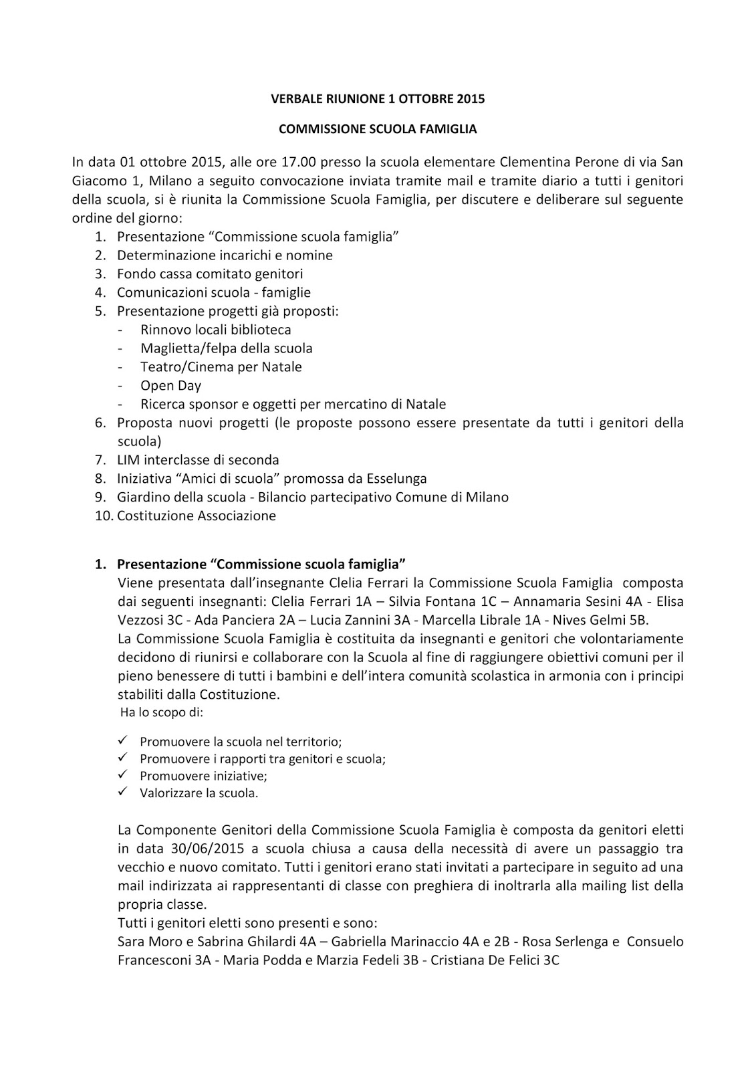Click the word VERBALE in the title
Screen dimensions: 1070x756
click(x=294, y=99)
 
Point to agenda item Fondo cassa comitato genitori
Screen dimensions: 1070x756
click(x=209, y=274)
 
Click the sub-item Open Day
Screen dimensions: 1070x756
click(x=170, y=385)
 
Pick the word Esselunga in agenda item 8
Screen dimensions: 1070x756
click(x=395, y=479)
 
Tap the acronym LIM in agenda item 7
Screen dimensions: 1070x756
click(x=128, y=460)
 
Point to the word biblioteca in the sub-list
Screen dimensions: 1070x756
click(x=259, y=330)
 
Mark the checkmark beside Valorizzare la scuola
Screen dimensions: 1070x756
click(x=122, y=792)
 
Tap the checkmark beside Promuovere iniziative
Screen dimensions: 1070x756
click(x=122, y=775)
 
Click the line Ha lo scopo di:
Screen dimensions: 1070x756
click(x=161, y=713)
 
